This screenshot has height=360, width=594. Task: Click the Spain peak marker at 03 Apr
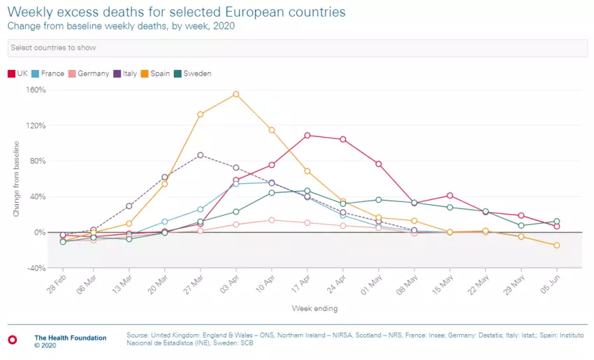click(236, 94)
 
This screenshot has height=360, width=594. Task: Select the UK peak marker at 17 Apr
click(307, 135)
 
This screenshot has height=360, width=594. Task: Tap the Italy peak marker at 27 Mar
click(201, 154)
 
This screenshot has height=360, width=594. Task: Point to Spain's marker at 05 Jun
click(557, 245)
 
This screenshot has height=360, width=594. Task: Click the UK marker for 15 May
click(450, 196)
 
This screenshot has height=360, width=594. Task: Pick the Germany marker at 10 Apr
click(272, 220)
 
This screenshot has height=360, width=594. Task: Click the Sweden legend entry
click(193, 73)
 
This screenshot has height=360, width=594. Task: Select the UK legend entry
click(18, 73)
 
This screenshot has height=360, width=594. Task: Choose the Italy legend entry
click(126, 73)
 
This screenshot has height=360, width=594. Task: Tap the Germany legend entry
click(89, 73)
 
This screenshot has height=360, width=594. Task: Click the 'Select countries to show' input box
click(297, 48)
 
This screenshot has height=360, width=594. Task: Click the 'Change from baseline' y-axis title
click(17, 178)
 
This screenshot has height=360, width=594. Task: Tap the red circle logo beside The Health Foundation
click(12, 339)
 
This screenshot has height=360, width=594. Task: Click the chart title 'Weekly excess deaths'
click(176, 13)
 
